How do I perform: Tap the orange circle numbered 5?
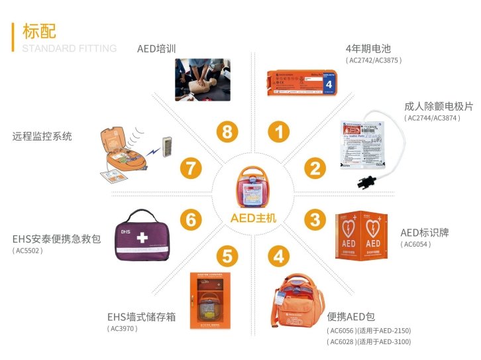(227, 255)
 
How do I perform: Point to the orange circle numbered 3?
(315, 219)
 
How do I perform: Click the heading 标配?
(39, 30)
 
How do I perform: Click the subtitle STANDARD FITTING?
(70, 48)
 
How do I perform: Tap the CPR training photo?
(202, 80)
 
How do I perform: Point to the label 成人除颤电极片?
(439, 106)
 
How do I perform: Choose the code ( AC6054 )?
(415, 245)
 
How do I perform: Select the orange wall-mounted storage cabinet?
(207, 300)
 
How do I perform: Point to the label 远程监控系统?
(42, 137)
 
